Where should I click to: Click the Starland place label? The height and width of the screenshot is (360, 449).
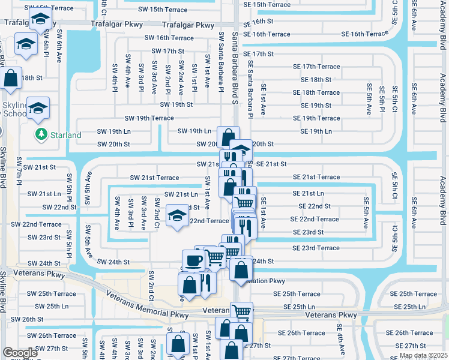65,135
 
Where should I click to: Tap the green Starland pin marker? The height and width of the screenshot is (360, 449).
41,134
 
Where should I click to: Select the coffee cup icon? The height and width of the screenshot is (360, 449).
193,260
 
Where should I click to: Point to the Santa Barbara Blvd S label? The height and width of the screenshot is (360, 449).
235,67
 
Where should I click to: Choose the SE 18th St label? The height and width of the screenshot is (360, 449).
312,79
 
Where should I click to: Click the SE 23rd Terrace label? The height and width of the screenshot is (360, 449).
316,248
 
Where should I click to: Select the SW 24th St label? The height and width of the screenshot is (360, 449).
113,262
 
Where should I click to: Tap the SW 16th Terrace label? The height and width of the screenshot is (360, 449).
169,38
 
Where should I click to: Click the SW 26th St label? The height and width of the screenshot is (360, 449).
28,319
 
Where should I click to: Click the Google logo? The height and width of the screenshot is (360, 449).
20,352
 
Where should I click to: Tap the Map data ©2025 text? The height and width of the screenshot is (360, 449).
423,356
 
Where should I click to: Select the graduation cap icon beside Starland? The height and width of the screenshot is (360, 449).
38,108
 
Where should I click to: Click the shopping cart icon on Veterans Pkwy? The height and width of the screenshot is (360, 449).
242,311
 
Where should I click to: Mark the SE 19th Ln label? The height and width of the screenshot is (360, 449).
312,131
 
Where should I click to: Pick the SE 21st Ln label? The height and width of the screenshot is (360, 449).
308,193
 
